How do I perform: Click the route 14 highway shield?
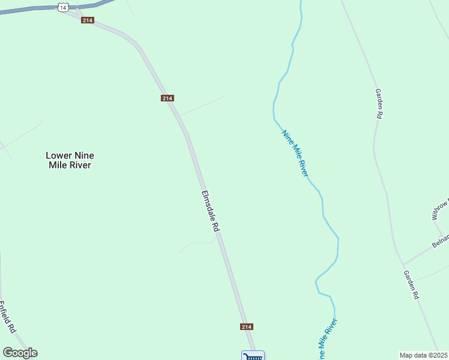click(x=62, y=7)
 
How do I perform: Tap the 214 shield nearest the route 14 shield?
click(x=88, y=20)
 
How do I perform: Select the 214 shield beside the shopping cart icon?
click(x=246, y=326)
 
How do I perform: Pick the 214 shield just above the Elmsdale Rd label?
click(x=167, y=98)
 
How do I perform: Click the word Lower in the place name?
click(x=59, y=155)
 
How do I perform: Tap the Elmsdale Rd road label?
click(x=211, y=211)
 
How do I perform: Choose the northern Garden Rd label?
click(x=379, y=104)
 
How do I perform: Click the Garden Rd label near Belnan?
click(x=411, y=285)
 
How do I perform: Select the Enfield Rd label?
click(x=7, y=317)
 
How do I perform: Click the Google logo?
click(x=20, y=353)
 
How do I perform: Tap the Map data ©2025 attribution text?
click(x=424, y=355)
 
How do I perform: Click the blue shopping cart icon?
click(x=253, y=356)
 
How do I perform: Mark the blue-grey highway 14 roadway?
click(x=30, y=9)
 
